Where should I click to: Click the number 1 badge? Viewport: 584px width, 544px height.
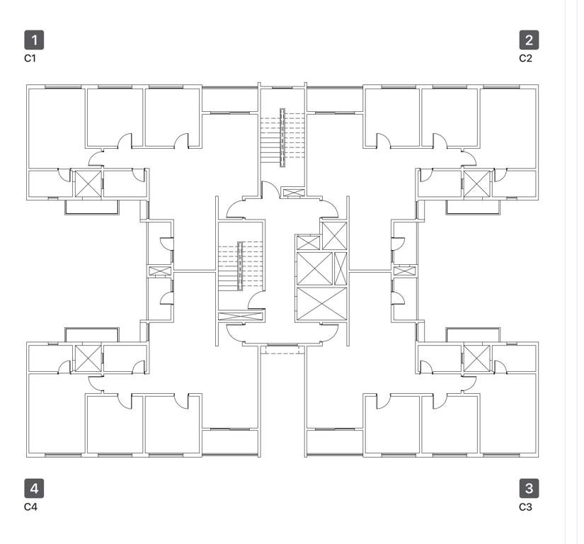(33, 39)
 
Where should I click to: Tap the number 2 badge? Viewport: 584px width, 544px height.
(528, 39)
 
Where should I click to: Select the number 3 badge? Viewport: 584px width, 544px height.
(528, 488)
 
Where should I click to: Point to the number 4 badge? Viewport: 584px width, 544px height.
(33, 488)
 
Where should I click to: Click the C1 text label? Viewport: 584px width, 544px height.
(30, 58)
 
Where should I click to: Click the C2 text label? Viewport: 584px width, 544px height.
(525, 58)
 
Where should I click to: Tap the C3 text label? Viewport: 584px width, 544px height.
(525, 507)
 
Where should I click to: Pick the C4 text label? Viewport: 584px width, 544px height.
(30, 507)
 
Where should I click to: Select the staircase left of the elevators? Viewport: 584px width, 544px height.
(241, 266)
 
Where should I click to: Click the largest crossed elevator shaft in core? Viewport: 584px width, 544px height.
(322, 303)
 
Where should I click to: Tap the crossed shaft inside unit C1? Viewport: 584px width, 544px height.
(88, 183)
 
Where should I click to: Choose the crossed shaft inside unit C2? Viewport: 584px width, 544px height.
(476, 183)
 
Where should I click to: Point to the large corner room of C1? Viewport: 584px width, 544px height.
(55, 127)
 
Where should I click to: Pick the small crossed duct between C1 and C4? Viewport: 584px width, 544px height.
(160, 271)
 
